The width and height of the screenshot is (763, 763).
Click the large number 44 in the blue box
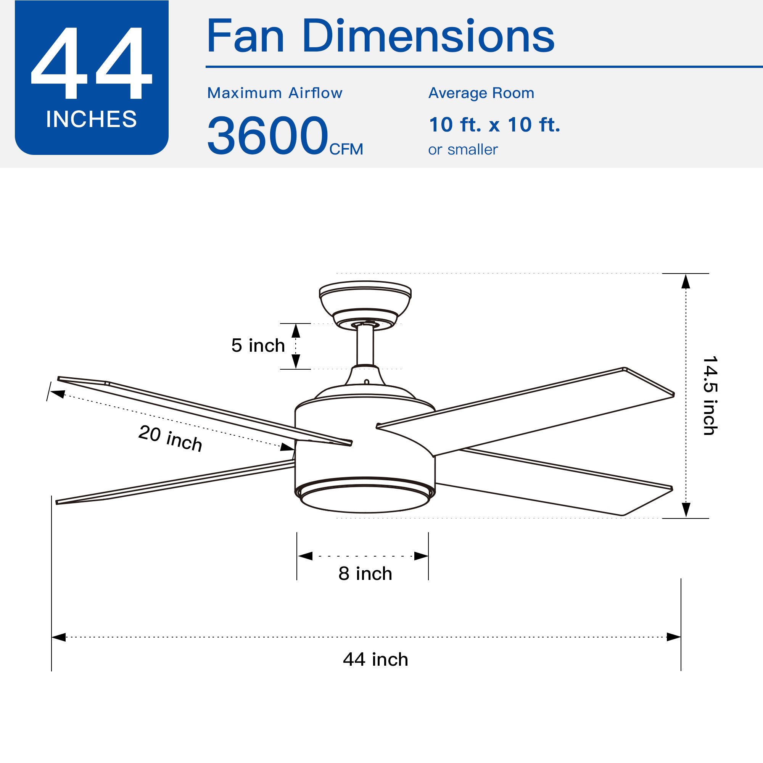[91, 63]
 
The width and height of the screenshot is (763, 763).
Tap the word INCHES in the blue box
[91, 119]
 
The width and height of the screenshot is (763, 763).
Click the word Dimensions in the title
[428, 36]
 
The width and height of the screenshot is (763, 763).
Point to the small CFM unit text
[346, 149]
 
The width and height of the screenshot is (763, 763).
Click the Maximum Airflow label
[275, 93]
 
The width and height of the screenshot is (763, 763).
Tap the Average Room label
[481, 93]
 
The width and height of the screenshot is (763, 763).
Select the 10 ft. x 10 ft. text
[494, 124]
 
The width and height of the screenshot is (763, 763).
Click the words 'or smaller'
[463, 150]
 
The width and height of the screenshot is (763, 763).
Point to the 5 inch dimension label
[258, 345]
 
